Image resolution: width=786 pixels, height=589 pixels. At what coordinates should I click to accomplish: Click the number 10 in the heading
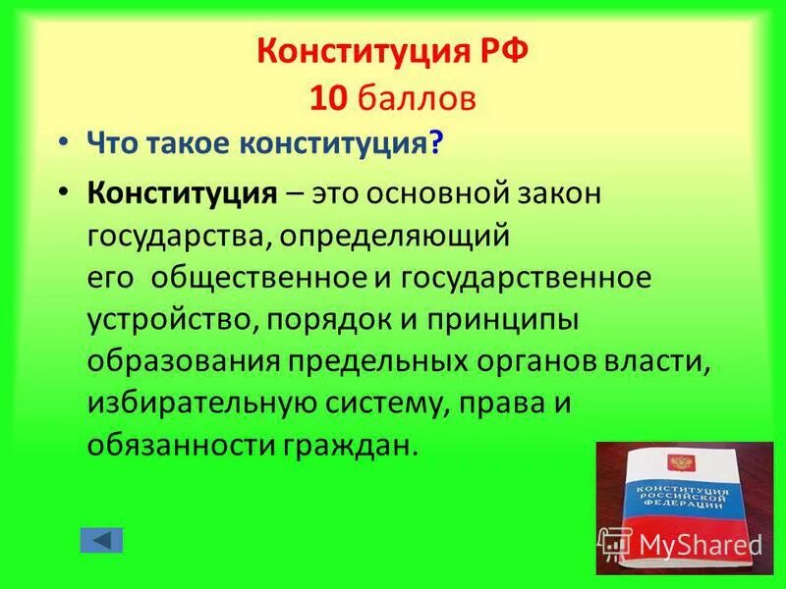coord(325,98)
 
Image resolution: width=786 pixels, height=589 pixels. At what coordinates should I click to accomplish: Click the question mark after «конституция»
coord(435,145)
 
